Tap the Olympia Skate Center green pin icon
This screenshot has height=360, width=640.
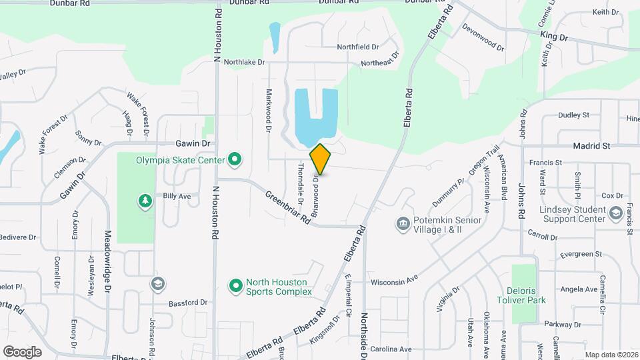pos(234,159)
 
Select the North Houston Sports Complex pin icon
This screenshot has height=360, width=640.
pos(235,286)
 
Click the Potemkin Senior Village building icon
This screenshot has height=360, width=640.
pos(402,223)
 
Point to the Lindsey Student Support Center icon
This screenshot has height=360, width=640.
pos(615,213)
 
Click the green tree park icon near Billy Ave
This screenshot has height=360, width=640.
pos(145,201)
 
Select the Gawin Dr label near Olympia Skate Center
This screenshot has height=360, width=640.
pos(193,143)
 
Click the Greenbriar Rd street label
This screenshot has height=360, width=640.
pos(289,208)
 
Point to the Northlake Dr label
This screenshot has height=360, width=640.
pos(244,62)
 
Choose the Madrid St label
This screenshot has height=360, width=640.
pos(592,145)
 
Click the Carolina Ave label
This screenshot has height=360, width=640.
pos(391,349)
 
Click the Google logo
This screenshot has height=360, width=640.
pos(22,351)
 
